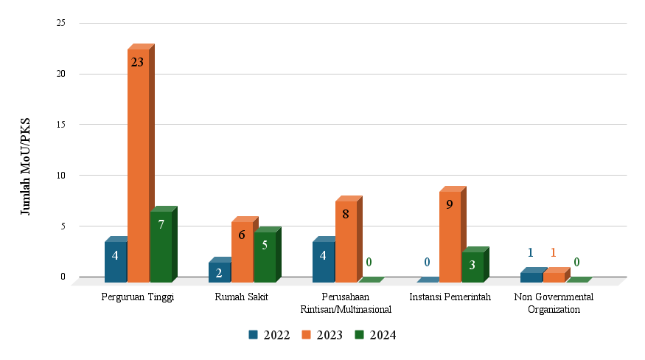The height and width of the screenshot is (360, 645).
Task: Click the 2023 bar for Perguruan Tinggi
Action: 139,170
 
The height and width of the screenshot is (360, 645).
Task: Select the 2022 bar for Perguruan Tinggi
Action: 116,263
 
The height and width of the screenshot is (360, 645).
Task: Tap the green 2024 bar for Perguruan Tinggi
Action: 161,247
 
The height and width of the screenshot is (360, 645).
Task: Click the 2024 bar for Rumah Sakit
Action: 265,257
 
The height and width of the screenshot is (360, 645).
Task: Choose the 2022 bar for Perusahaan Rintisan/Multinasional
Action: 324,263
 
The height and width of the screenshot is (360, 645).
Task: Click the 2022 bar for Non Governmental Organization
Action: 531,277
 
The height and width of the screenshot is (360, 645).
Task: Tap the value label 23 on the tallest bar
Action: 137,63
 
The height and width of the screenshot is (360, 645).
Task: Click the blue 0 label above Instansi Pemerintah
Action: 427,262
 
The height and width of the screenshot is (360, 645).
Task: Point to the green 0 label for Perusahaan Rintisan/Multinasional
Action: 369,262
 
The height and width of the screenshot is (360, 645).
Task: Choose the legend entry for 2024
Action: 376,335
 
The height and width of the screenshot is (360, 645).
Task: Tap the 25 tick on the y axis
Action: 61,23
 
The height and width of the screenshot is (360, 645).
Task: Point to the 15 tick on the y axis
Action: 61,125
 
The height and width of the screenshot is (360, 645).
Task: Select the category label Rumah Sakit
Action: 241,297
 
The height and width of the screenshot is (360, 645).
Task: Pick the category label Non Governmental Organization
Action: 554,303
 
